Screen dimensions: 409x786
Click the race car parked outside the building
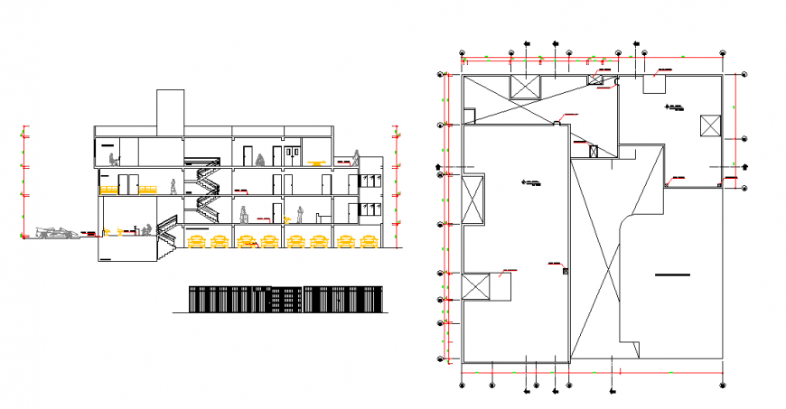point(56,233)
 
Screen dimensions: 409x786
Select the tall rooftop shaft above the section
point(170,109)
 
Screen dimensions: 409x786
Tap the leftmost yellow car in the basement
point(195,241)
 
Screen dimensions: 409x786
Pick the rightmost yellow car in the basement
point(368,241)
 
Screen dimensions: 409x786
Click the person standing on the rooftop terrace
point(260,159)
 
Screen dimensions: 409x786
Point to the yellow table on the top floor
point(314,163)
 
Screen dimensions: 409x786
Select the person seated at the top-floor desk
point(114,160)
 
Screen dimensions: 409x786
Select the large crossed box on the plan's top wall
point(525,87)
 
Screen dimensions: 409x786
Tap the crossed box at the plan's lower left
point(474,286)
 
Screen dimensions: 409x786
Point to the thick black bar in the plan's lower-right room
point(673,273)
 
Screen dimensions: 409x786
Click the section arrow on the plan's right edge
point(746,166)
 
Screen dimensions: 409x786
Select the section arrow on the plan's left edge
point(440,167)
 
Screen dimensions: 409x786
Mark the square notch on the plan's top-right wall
point(654,84)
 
